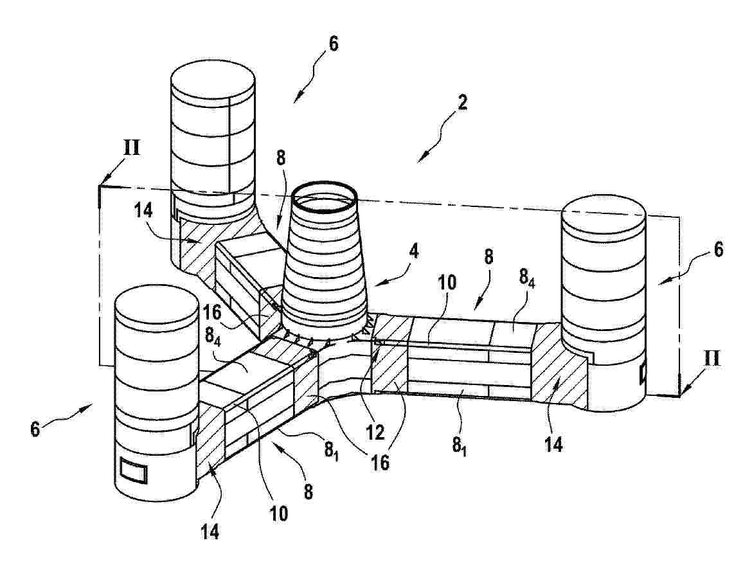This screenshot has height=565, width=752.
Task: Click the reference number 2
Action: pyautogui.click(x=462, y=102)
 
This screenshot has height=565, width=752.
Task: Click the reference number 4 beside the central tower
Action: pyautogui.click(x=413, y=251)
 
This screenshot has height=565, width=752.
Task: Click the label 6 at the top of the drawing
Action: pyautogui.click(x=334, y=43)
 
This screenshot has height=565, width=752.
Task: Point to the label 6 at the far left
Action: pyautogui.click(x=35, y=428)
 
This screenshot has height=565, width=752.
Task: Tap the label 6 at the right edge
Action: pyautogui.click(x=718, y=249)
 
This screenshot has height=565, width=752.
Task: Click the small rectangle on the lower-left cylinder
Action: pyautogui.click(x=134, y=470)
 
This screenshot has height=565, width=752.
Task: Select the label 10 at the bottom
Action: pyautogui.click(x=279, y=513)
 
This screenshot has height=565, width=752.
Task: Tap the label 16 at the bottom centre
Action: pyautogui.click(x=380, y=462)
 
